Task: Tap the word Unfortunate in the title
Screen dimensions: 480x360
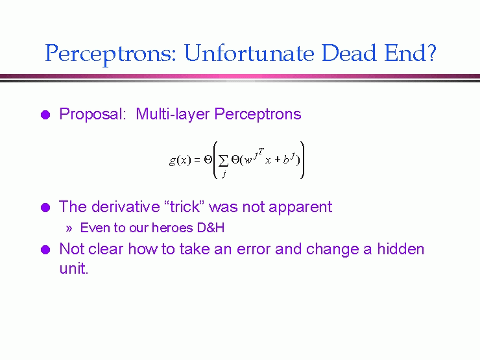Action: (249, 53)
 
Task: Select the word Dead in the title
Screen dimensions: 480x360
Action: (349, 53)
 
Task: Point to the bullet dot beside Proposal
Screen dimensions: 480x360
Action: (45, 115)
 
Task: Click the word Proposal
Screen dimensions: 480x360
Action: (93, 114)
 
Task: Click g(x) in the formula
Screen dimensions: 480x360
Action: (180, 160)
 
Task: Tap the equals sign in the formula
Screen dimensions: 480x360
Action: (197, 160)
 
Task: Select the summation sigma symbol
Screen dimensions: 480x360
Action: (223, 160)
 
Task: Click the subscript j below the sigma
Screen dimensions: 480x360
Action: (224, 174)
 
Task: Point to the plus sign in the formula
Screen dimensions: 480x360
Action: (278, 159)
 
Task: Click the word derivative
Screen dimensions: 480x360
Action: (125, 207)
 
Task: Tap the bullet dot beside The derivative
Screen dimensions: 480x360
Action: (45, 208)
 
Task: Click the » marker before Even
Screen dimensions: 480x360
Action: (69, 228)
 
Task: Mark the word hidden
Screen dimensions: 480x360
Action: (401, 248)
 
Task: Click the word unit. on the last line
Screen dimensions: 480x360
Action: (74, 268)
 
